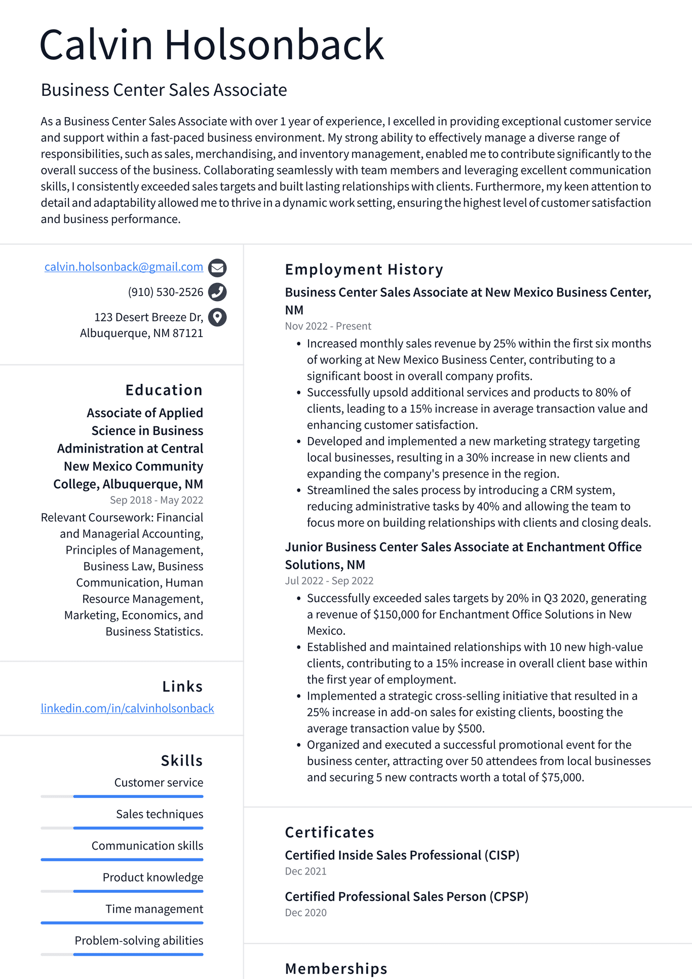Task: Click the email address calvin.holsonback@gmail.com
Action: point(124,267)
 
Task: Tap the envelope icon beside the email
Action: point(217,267)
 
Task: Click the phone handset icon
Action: point(217,292)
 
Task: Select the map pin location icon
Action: point(217,317)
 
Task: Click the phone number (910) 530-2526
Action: point(165,292)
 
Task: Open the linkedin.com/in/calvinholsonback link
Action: point(127,708)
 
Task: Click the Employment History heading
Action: point(364,269)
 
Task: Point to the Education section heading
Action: point(164,390)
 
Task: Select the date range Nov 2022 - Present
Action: point(328,326)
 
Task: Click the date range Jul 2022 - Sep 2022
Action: point(329,581)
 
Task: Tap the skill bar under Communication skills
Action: point(122,859)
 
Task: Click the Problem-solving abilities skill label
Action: point(139,940)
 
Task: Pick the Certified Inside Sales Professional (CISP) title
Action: point(402,855)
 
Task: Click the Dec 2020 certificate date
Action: point(305,913)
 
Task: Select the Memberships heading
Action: point(336,968)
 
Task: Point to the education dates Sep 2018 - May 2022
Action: point(156,500)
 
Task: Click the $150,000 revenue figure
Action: point(396,614)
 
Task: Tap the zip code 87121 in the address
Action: point(187,334)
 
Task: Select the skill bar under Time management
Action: point(122,923)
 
